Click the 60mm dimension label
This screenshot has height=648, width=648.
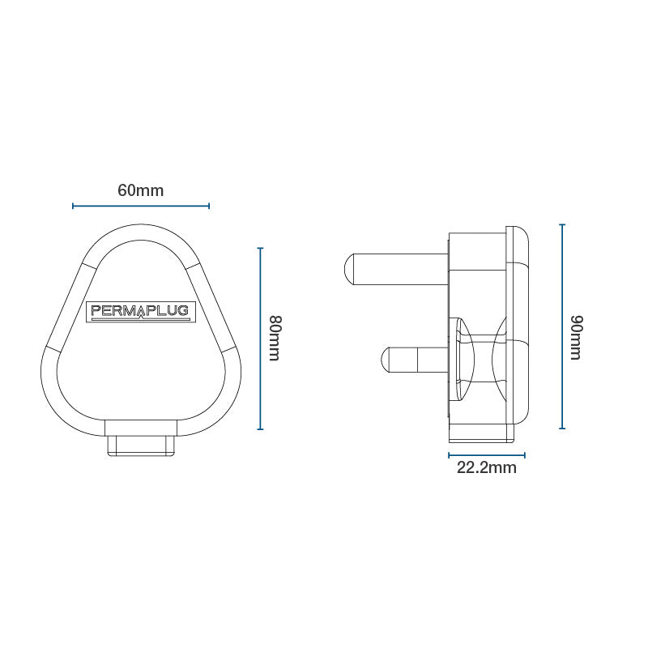[x=141, y=190]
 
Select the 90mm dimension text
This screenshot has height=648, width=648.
[x=575, y=338]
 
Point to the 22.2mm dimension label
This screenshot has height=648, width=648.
[x=486, y=467]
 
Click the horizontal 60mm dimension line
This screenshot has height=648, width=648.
[x=141, y=206]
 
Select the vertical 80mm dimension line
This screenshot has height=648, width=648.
[x=260, y=338]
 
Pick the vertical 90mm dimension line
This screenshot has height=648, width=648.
[x=562, y=326]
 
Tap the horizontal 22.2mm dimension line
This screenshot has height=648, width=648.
[x=486, y=454]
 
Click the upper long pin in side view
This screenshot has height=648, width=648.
[x=397, y=268]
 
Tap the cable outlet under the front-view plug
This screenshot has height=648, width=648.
[x=142, y=445]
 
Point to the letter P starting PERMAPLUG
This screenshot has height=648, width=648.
[x=94, y=311]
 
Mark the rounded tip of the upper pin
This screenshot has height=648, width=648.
[x=347, y=268]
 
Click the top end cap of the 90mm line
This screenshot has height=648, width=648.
[x=562, y=225]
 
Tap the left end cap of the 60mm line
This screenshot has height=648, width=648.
[x=73, y=206]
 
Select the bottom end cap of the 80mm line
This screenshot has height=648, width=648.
[x=260, y=429]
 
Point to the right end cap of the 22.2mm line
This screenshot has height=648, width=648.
[x=525, y=454]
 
